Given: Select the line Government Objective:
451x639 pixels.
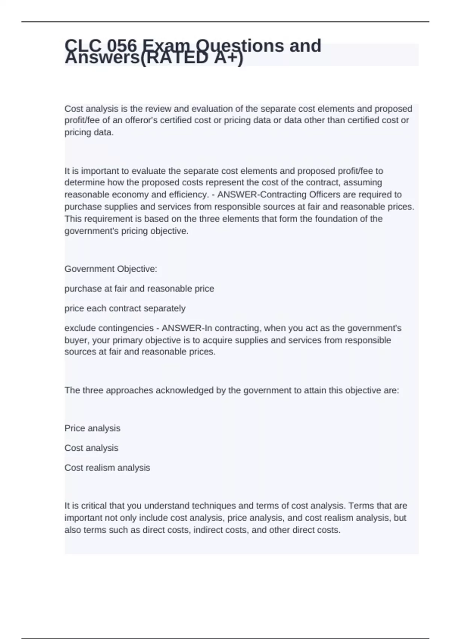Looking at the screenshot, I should tap(110, 269).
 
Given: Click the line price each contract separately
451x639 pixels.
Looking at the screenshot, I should tap(125, 309).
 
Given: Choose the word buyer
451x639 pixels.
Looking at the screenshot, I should tap(76, 341).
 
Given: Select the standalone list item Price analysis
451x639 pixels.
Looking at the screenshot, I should tap(92, 429).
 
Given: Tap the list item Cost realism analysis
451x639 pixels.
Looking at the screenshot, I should tap(107, 468).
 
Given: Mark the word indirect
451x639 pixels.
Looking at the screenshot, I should tap(207, 530).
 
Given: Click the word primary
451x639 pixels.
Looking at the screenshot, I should tap(140, 341).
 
